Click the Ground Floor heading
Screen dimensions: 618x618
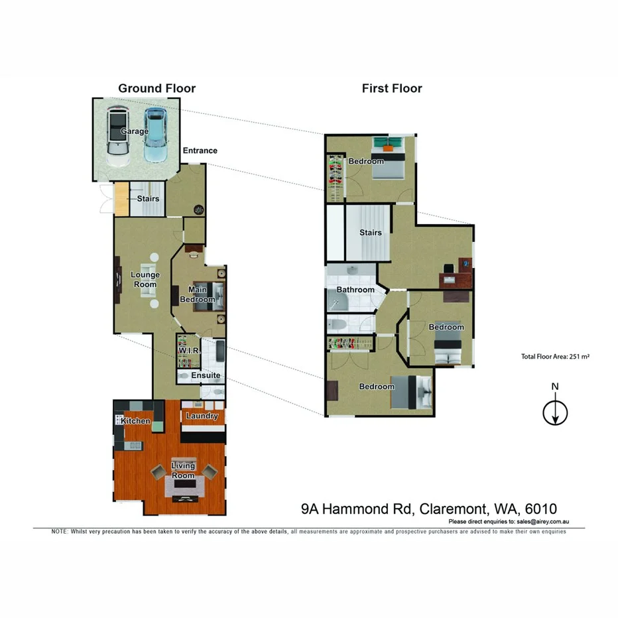[156, 88]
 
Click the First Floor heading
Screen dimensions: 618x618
[392, 88]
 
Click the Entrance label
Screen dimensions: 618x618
[200, 151]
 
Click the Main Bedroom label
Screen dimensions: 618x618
[198, 294]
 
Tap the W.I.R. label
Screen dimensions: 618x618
[189, 351]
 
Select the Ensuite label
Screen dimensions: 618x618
[206, 376]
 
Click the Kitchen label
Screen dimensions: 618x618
[135, 421]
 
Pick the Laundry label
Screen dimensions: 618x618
[202, 416]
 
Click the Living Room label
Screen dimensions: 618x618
[183, 471]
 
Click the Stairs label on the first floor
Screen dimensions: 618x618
[371, 233]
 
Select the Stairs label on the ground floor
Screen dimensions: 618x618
[148, 198]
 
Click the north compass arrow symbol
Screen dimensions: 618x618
[555, 412]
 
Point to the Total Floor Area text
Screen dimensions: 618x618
[555, 357]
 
